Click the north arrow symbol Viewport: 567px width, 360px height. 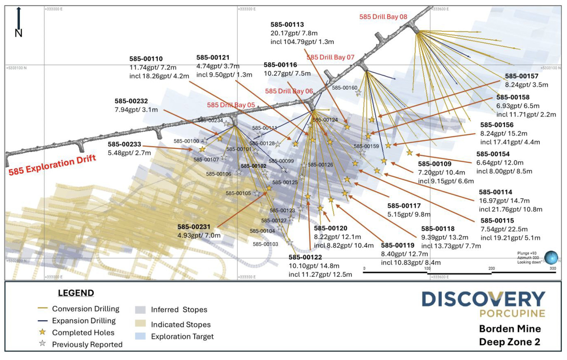click(x=19, y=22)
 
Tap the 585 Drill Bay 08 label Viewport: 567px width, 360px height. click(x=383, y=17)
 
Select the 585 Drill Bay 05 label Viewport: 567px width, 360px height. click(x=231, y=105)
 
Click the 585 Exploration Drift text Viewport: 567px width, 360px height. click(x=52, y=165)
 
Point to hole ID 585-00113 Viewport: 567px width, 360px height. click(x=287, y=25)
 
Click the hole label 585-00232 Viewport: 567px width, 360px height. click(x=131, y=101)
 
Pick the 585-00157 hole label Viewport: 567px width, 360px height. click(x=522, y=76)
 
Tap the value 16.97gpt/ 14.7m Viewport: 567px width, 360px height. click(x=504, y=201)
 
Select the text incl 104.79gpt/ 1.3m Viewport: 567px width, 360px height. click(x=302, y=42)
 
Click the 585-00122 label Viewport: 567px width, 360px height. click(x=305, y=257)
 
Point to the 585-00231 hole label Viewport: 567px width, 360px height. click(x=194, y=227)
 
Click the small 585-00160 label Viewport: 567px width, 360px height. click(x=345, y=88)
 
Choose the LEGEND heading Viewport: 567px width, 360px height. click(x=76, y=293)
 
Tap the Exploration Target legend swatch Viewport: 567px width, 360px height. click(x=140, y=336)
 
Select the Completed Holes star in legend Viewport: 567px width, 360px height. click(x=42, y=332)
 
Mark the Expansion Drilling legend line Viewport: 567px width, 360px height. click(x=42, y=321)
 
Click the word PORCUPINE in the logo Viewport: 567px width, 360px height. click(x=512, y=314)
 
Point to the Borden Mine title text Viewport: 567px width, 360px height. click(x=510, y=329)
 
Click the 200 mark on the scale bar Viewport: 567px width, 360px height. click(x=491, y=269)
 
